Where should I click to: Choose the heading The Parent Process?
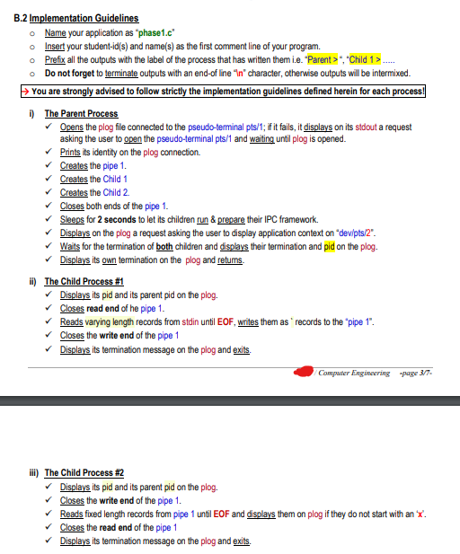(x=81, y=114)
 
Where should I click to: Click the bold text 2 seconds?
(x=118, y=219)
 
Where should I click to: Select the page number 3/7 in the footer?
(x=434, y=373)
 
